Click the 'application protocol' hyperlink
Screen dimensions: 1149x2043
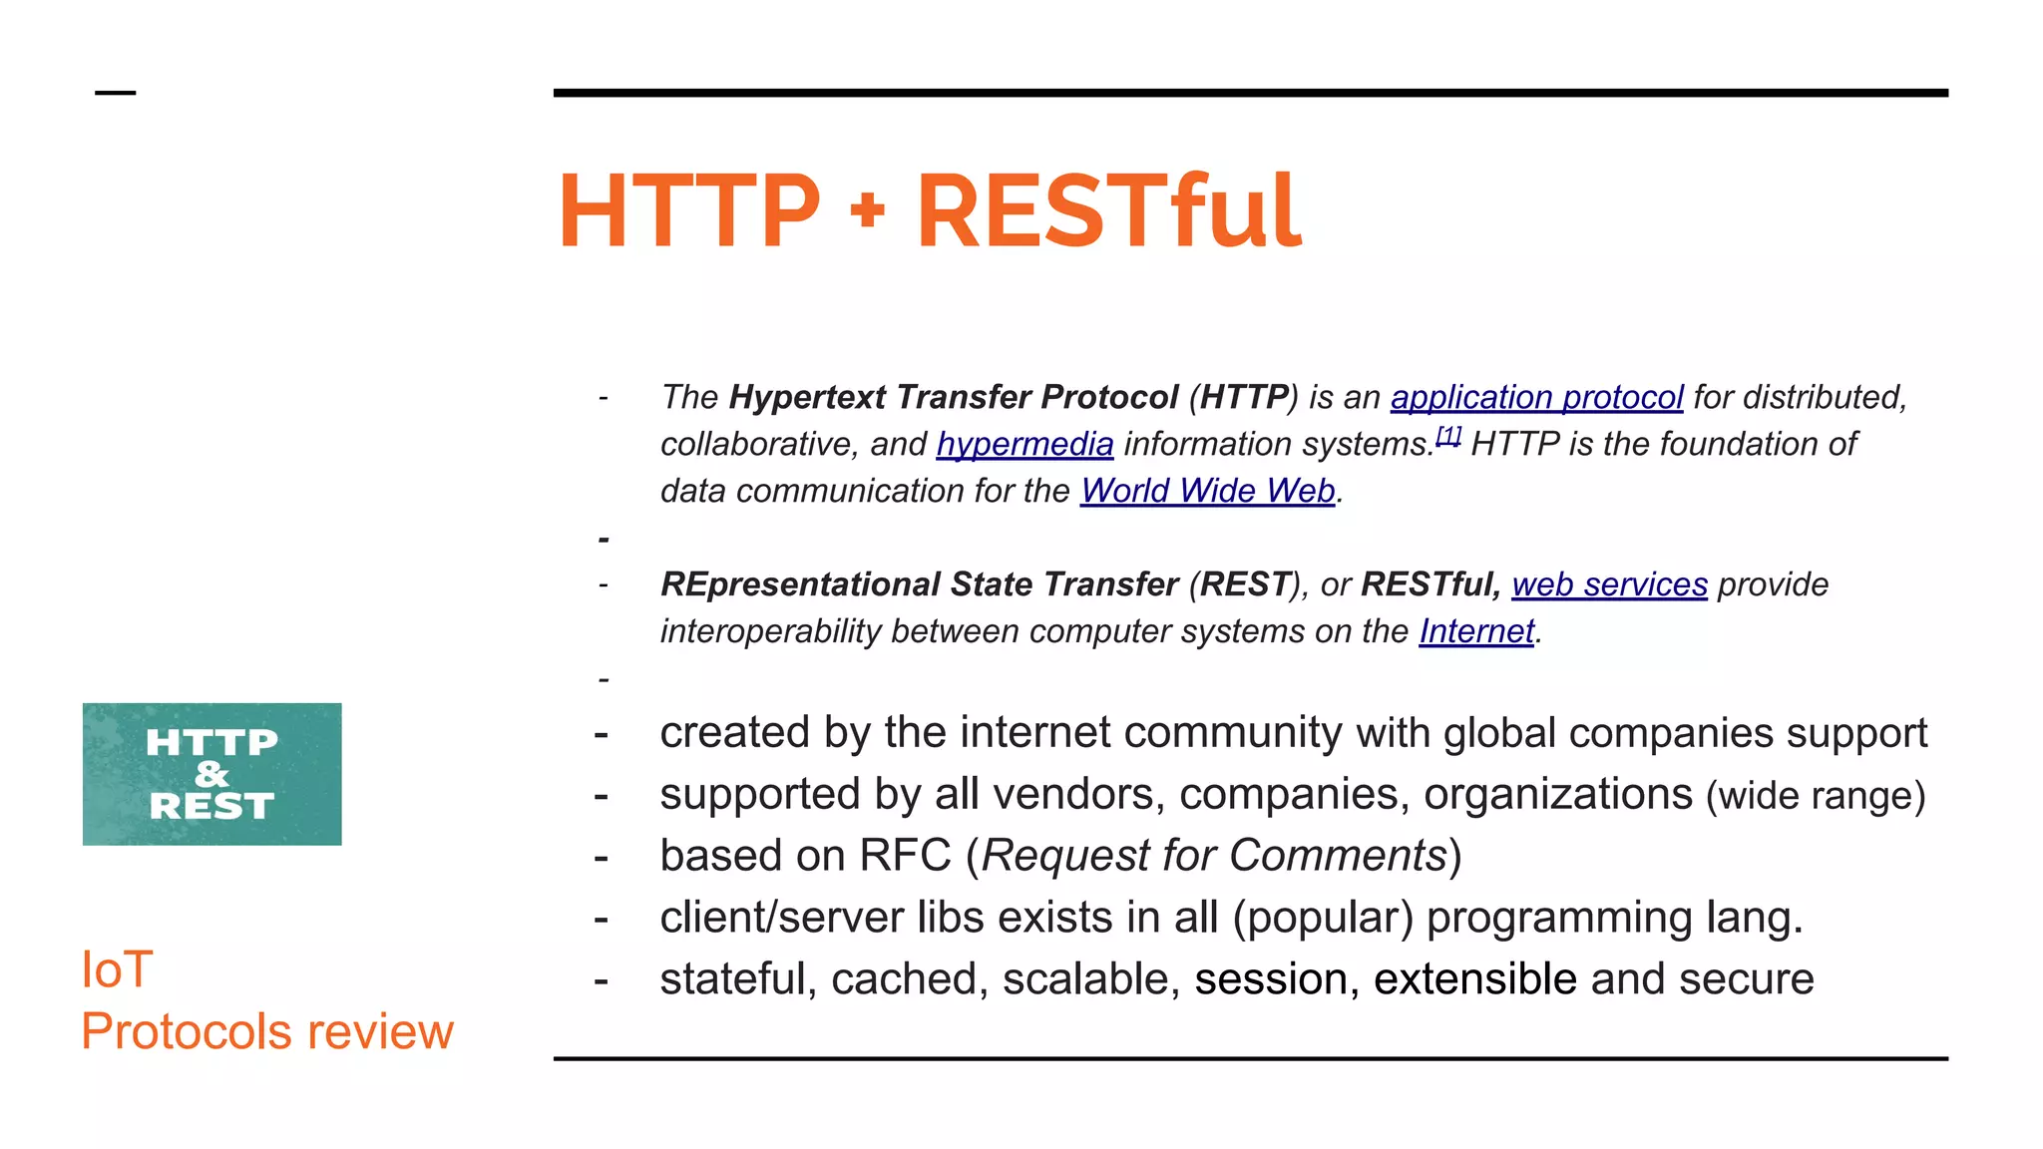(x=1536, y=397)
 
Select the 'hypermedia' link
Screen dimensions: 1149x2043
(x=1024, y=444)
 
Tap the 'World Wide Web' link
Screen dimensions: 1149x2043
(x=1207, y=491)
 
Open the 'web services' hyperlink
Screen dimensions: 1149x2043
(x=1609, y=584)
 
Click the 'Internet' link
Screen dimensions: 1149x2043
(x=1476, y=631)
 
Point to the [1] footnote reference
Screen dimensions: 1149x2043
(x=1448, y=436)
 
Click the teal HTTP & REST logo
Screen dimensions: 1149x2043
(x=211, y=774)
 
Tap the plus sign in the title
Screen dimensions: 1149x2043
(x=868, y=210)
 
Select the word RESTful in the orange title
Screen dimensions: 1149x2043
(x=1108, y=210)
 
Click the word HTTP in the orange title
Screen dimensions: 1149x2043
(x=688, y=210)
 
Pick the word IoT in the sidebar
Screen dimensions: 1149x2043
(x=117, y=969)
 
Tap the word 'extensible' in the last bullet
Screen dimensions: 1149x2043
(x=1474, y=979)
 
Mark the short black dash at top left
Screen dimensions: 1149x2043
(x=115, y=93)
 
